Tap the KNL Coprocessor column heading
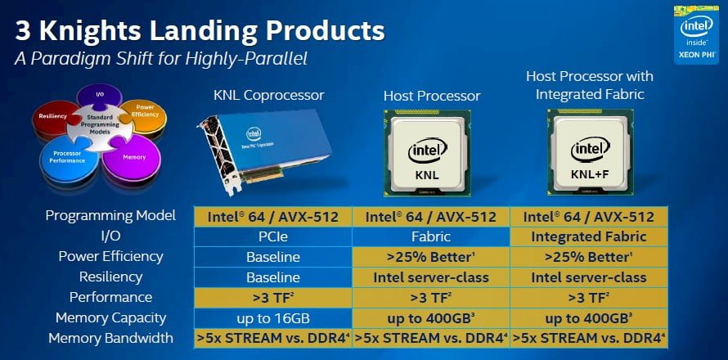(267, 96)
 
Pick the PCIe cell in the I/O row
(273, 236)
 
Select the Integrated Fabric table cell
(588, 236)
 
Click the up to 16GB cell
(273, 317)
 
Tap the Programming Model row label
(110, 216)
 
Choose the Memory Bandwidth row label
(111, 337)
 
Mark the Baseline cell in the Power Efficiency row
(273, 257)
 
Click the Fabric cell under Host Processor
(431, 236)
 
